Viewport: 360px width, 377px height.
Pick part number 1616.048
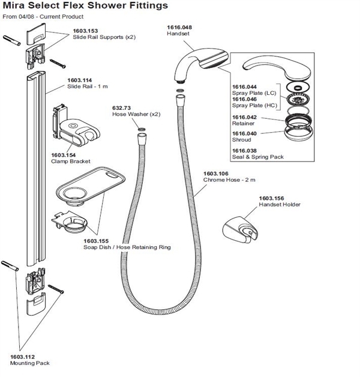pyautogui.click(x=178, y=28)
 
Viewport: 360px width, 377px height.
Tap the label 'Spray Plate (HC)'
pyautogui.click(x=254, y=106)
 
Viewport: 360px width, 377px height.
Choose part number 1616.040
pyautogui.click(x=244, y=134)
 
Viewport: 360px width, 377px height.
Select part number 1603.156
pyautogui.click(x=271, y=198)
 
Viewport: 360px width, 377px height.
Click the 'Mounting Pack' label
pyautogui.click(x=29, y=363)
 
